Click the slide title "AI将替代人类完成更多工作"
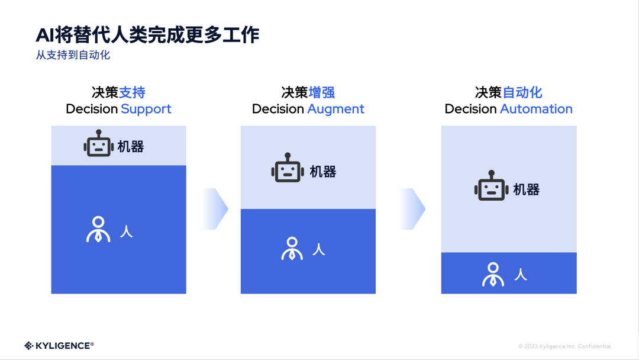pos(147,35)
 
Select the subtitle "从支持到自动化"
pos(73,56)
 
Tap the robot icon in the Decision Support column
pos(98,144)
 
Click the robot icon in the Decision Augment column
pos(287,169)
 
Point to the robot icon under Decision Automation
pos(490,188)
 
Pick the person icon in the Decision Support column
pos(98,230)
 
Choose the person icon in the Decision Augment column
pos(292,249)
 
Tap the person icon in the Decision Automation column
pos(493,274)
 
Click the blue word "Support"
pos(146,109)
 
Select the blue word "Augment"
pos(335,109)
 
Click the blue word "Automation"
pos(536,109)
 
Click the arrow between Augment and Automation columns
pos(412,209)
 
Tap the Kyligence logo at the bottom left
pos(59,345)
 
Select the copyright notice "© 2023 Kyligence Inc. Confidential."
pos(565,346)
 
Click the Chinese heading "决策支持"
pos(118,92)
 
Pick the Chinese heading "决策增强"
pos(308,92)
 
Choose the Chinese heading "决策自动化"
pos(508,92)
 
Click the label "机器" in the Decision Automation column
pos(526,189)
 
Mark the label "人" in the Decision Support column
pos(126,231)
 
